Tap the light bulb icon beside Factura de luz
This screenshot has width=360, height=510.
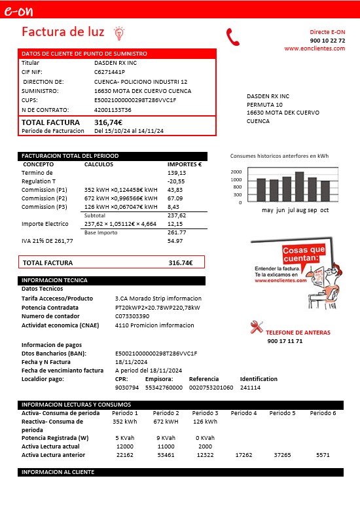click(118, 32)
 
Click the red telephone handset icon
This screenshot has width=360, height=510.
click(233, 36)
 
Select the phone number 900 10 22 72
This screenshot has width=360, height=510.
click(327, 41)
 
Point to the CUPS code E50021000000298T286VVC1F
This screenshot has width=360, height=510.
click(135, 100)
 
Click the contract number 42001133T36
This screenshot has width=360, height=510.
click(113, 110)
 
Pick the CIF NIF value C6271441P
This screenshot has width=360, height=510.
click(109, 72)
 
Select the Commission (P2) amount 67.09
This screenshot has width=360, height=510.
click(175, 198)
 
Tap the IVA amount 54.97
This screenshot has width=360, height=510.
click(175, 241)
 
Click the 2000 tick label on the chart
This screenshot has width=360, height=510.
click(236, 172)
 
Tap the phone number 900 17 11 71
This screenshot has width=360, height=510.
click(285, 341)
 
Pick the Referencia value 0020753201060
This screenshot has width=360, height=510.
click(211, 388)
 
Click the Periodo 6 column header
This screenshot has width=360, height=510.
click(323, 413)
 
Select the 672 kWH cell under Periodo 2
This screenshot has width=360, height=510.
click(166, 422)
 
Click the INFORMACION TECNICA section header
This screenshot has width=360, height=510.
click(54, 280)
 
